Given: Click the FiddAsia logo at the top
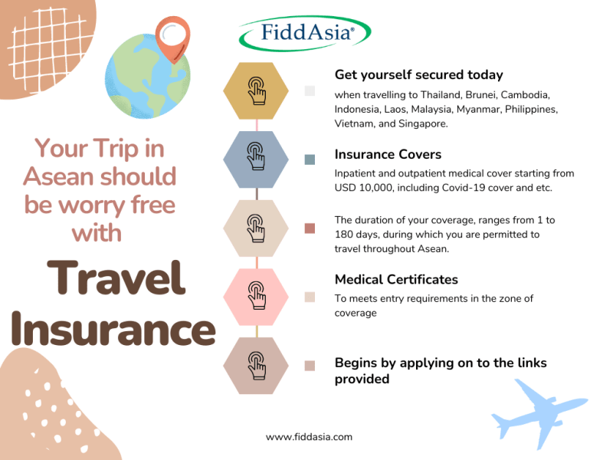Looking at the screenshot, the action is click(x=304, y=33).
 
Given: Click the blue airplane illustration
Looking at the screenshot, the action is click(x=539, y=412).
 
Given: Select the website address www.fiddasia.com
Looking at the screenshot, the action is click(x=309, y=437).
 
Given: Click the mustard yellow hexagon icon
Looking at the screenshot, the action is click(x=256, y=90).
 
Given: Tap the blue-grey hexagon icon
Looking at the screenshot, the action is click(x=256, y=159).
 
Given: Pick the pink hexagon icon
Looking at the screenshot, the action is click(x=256, y=297).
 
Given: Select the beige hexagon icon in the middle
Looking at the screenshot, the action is click(x=256, y=228).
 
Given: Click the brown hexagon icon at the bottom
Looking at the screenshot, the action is click(x=256, y=366).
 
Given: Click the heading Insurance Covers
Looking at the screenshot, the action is click(x=388, y=155).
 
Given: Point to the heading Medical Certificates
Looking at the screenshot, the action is click(x=396, y=280).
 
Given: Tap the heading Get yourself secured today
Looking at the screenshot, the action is click(x=418, y=74).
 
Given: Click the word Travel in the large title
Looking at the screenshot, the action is click(x=116, y=278).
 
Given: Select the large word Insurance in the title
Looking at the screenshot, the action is click(x=113, y=329).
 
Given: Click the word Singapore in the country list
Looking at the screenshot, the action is click(x=422, y=124).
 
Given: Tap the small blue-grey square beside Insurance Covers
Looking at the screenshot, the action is click(x=310, y=159).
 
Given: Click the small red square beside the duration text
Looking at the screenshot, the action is click(x=310, y=228).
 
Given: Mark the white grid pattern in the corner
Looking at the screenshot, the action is click(x=47, y=49).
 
